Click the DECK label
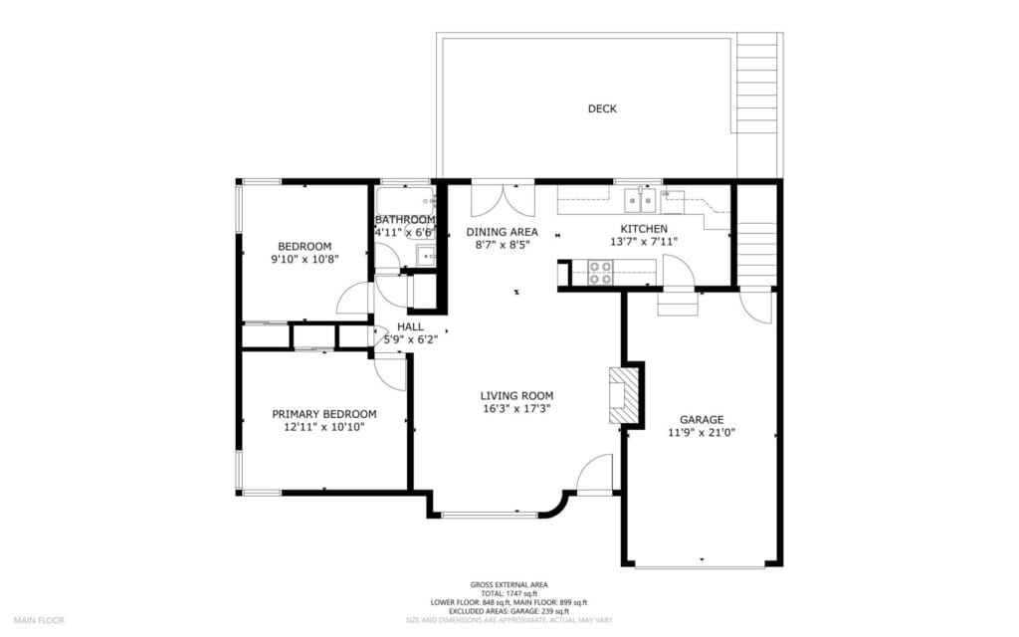coord(601,108)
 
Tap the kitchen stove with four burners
coord(600,273)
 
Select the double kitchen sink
coord(639,202)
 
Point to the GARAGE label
coord(702,419)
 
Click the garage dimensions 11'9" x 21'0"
coord(702,432)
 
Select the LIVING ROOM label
coord(515,395)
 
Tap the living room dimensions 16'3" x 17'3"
coord(515,408)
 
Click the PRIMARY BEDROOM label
coord(324,414)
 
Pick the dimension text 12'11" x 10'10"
coord(324,427)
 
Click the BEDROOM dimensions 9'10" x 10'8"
coord(304,260)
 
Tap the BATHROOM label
coord(405,220)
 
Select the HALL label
coord(410,325)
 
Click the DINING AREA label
coord(502,232)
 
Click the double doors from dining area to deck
coord(496,200)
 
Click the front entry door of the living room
coord(594,475)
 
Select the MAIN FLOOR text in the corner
coord(39,620)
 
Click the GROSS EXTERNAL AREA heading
coord(509,584)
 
